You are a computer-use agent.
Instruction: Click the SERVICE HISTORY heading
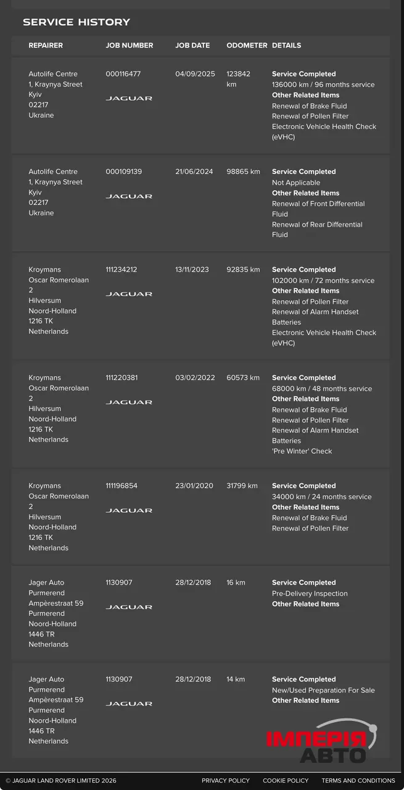[76, 22]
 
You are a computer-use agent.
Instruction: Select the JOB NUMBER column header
[130, 46]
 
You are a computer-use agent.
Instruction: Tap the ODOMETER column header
[247, 46]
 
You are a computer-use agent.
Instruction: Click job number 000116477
[123, 74]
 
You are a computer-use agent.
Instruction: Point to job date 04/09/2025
[195, 74]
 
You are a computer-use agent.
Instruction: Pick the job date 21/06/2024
[195, 172]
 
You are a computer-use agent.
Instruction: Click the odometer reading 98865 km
[243, 172]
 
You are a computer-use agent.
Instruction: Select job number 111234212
[122, 270]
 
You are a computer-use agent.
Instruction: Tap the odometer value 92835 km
[243, 270]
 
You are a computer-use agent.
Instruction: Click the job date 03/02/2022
[195, 378]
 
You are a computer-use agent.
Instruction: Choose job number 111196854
[122, 486]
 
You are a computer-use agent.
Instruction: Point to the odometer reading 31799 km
[242, 486]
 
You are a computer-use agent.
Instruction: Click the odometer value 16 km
[236, 583]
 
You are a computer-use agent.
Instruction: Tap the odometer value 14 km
[236, 680]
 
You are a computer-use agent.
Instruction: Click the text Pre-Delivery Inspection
[310, 594]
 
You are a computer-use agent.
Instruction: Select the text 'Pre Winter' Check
[302, 451]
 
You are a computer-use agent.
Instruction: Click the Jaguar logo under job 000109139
[129, 196]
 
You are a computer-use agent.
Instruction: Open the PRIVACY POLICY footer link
[226, 781]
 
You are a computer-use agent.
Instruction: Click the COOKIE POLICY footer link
[286, 781]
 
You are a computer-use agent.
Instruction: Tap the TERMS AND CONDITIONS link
[358, 781]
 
